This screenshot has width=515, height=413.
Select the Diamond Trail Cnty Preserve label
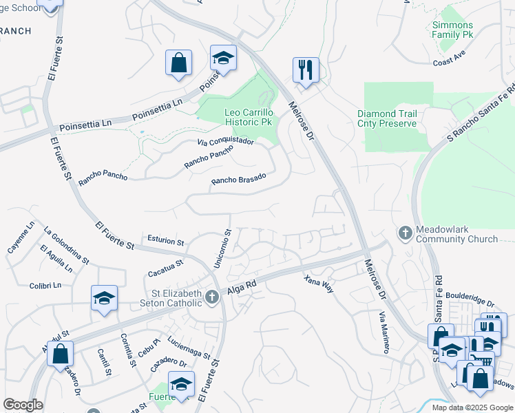[387, 118]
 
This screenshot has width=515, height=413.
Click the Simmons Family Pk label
[452, 30]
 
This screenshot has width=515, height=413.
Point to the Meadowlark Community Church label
[456, 234]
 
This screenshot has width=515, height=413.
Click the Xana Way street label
[319, 284]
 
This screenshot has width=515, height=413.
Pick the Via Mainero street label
[383, 331]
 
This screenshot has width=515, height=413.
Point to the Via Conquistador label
[225, 142]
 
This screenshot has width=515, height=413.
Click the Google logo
[23, 405]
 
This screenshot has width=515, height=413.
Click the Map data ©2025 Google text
[472, 407]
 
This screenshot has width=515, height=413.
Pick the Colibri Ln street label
[45, 284]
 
